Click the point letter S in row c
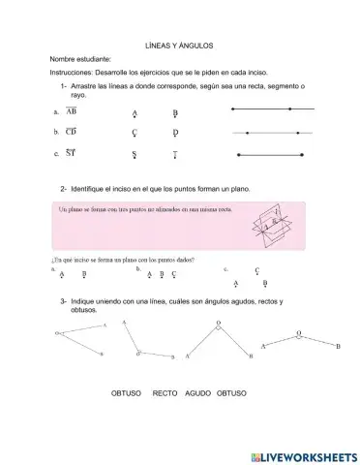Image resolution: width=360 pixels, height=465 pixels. click(x=135, y=154)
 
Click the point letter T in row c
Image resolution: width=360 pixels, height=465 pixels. click(x=175, y=154)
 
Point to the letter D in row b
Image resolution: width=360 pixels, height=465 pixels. click(x=175, y=133)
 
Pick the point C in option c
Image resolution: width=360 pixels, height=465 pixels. click(x=256, y=272)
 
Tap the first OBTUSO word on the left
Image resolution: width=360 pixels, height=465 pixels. click(x=127, y=394)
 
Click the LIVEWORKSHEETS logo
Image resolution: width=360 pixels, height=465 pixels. click(x=303, y=454)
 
